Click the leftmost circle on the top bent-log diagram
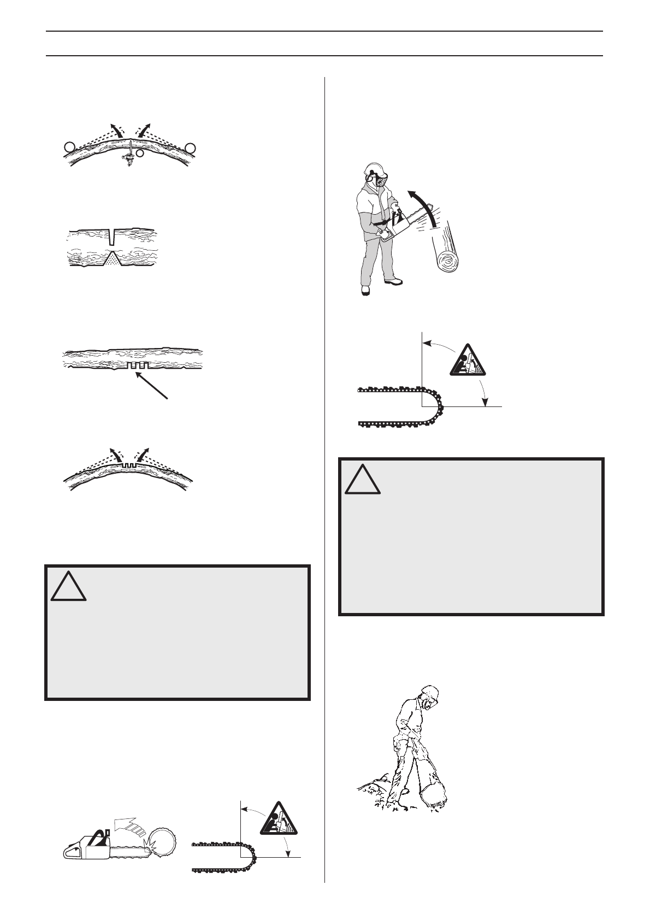[68, 146]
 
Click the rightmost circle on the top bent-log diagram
[190, 146]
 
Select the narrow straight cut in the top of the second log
[112, 237]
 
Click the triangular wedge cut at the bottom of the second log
[112, 259]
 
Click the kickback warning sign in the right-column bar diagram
[468, 361]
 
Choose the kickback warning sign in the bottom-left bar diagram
[280, 818]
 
